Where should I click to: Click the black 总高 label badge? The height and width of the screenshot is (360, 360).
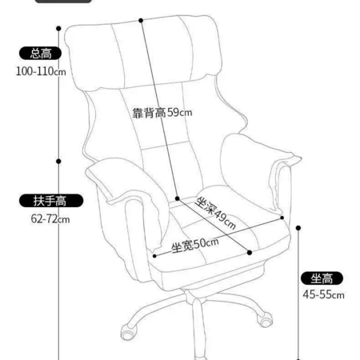(x=40, y=53)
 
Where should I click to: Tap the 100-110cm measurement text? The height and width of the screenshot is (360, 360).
(x=41, y=71)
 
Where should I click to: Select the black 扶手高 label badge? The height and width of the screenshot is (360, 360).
(x=51, y=201)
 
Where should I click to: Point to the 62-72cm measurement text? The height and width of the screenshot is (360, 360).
(x=50, y=219)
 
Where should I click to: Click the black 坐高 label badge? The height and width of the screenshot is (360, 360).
(x=322, y=278)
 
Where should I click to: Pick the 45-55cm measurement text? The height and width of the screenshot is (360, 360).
(x=323, y=294)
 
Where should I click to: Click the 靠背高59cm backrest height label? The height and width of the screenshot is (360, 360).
(x=162, y=113)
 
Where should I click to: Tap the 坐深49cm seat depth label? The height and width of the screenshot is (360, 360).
(x=215, y=213)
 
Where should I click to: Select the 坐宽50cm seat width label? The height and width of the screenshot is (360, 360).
(x=195, y=245)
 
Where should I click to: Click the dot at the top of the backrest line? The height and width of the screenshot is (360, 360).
(x=141, y=20)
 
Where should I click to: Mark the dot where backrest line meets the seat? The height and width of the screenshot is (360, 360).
(x=178, y=198)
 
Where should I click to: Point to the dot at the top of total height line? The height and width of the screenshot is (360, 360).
(x=58, y=28)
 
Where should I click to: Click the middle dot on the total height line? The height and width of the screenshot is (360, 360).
(x=58, y=162)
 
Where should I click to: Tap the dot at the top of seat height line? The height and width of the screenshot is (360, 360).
(x=298, y=228)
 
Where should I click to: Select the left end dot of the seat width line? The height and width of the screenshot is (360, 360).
(x=154, y=256)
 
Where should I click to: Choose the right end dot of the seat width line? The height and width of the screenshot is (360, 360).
(x=282, y=218)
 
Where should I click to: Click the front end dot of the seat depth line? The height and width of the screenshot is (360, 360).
(x=250, y=253)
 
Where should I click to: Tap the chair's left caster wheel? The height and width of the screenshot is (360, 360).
(x=128, y=332)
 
